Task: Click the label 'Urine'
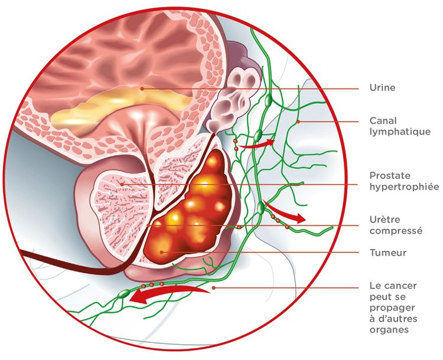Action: click(382, 87)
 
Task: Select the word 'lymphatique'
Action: click(400, 132)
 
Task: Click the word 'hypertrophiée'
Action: click(404, 187)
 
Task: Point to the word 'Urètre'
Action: click(385, 220)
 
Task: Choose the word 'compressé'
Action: click(396, 231)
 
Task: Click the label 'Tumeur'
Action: click(388, 253)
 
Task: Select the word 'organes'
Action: click(389, 329)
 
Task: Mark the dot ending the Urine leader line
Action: click(142, 89)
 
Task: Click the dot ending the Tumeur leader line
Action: click(162, 252)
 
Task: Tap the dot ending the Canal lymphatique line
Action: click(298, 122)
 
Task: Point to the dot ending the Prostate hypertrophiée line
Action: click(122, 185)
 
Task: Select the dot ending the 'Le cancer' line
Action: click(214, 288)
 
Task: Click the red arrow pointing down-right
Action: click(284, 212)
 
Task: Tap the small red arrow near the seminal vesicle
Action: click(257, 144)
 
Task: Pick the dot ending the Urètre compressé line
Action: click(149, 225)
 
